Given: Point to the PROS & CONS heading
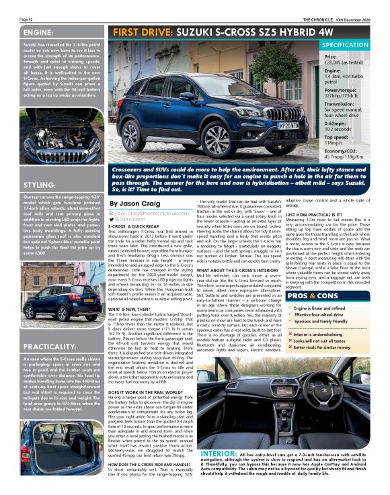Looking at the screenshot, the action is (x=329, y=295).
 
